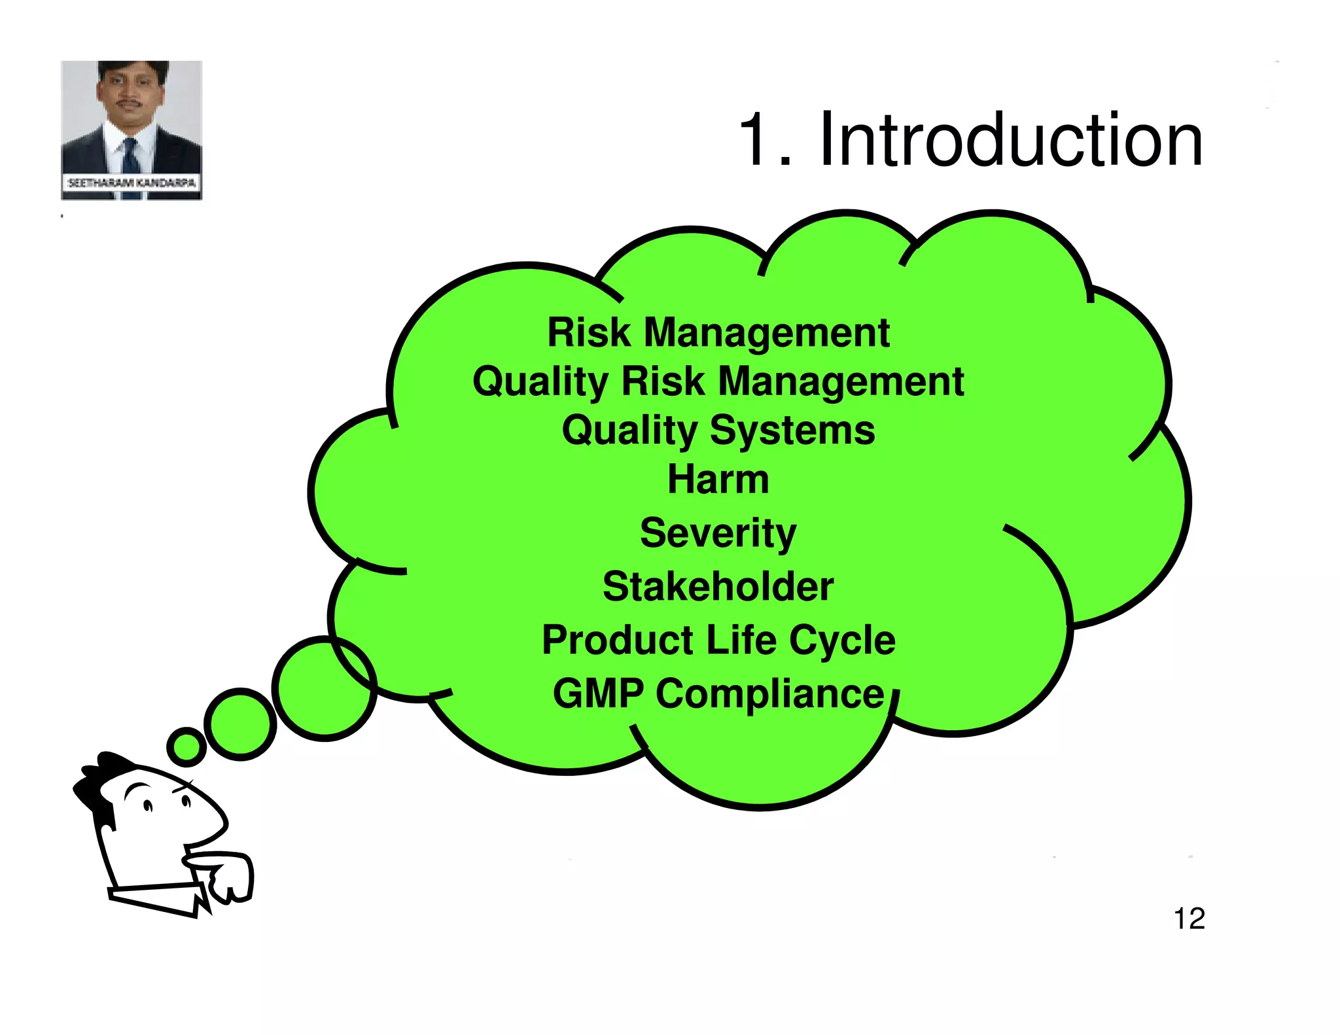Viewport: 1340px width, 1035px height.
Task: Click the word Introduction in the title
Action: pos(1010,140)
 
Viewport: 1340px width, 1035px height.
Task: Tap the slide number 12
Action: pos(1189,919)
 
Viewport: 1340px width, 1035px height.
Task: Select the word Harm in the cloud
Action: pos(718,480)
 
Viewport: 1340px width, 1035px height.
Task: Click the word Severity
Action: pos(718,533)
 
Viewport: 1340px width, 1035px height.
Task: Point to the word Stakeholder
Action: pos(718,586)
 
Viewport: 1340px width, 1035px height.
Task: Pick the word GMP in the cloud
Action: pos(598,693)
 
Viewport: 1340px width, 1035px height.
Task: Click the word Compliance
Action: pos(770,693)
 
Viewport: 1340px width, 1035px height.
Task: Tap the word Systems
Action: pos(792,430)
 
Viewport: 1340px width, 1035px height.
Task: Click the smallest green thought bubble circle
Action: pos(186,746)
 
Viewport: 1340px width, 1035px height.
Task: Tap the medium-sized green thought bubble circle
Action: pos(240,724)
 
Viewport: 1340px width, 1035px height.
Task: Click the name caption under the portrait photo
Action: pos(132,183)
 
